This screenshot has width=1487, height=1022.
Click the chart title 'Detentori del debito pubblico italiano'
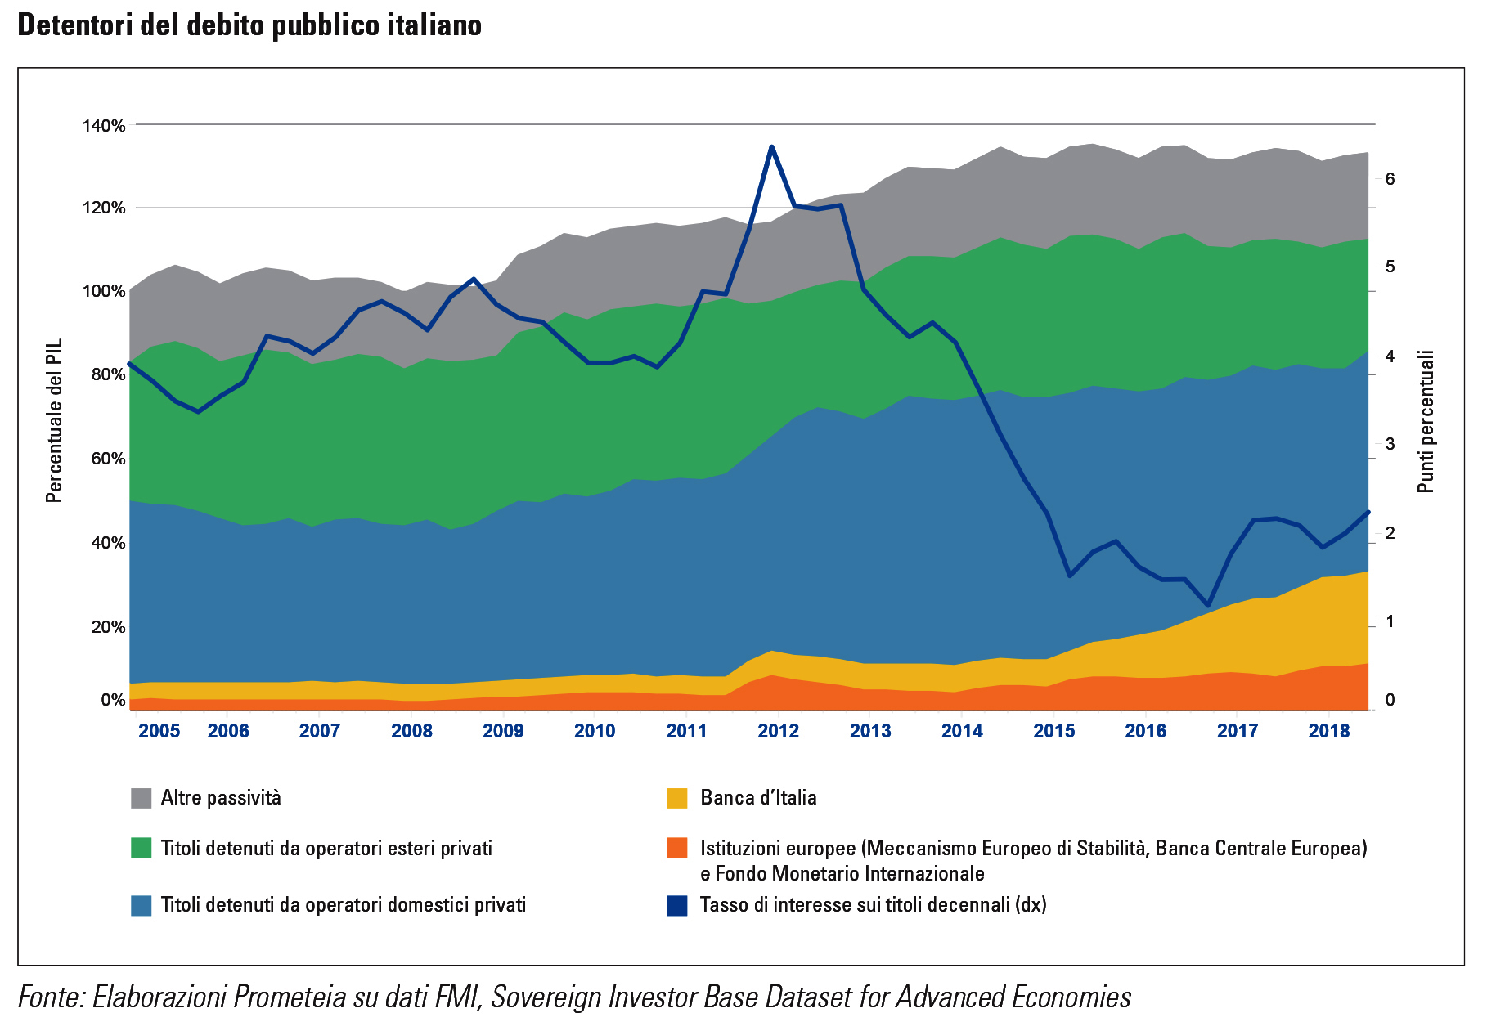pyautogui.click(x=249, y=25)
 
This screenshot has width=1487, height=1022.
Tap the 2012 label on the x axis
pyautogui.click(x=778, y=731)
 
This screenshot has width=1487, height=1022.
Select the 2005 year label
pyautogui.click(x=159, y=731)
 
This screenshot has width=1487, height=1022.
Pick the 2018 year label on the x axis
pyautogui.click(x=1329, y=731)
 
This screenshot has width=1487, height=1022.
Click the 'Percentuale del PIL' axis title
pyautogui.click(x=54, y=420)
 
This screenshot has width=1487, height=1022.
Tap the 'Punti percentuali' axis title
pyautogui.click(x=1426, y=421)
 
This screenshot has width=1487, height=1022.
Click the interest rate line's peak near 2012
pyautogui.click(x=771, y=147)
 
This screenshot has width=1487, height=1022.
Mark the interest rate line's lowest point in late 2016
pyautogui.click(x=1208, y=606)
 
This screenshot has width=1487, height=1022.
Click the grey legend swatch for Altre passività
pyautogui.click(x=142, y=798)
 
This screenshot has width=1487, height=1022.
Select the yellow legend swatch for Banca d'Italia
pyautogui.click(x=677, y=798)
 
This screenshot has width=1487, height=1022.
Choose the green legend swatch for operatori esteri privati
pyautogui.click(x=142, y=848)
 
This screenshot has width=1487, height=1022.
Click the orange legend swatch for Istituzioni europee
pyautogui.click(x=677, y=848)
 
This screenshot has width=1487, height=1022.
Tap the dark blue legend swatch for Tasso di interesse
pyautogui.click(x=677, y=905)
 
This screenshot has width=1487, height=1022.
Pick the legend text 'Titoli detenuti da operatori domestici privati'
pyautogui.click(x=344, y=905)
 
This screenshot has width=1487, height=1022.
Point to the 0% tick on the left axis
pyautogui.click(x=113, y=700)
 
